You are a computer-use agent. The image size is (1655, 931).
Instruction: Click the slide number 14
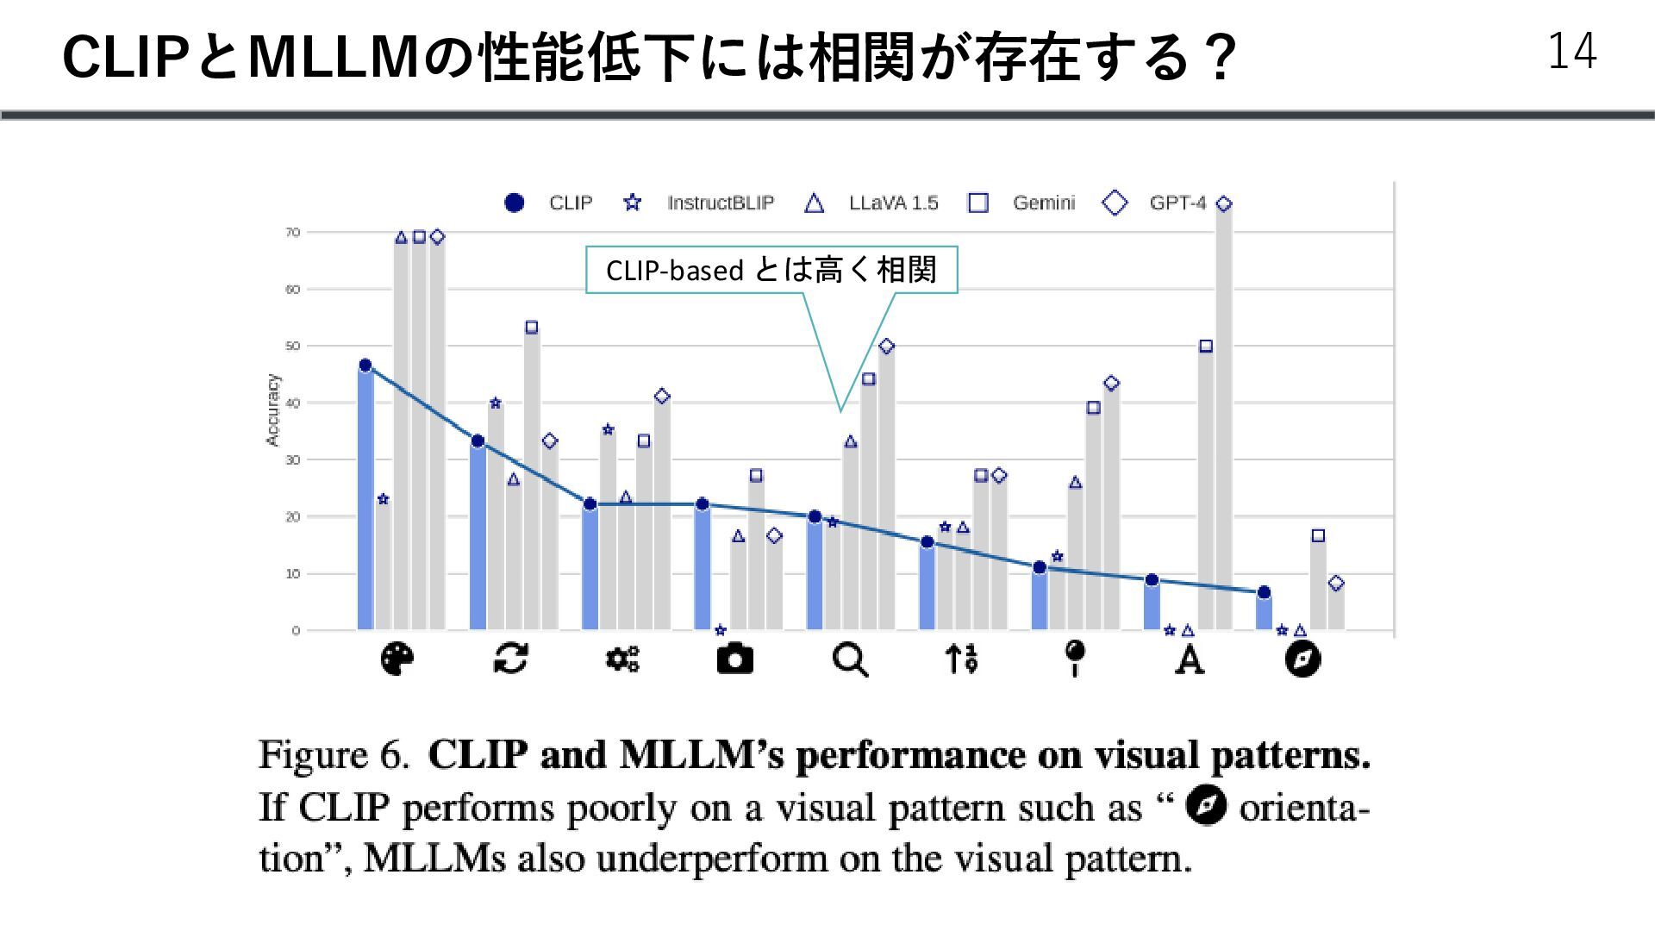click(1571, 52)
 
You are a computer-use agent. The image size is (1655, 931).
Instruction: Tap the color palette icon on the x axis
click(397, 659)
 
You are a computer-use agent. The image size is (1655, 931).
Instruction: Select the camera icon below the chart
click(734, 659)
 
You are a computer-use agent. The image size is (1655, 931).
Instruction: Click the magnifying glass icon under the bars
click(850, 660)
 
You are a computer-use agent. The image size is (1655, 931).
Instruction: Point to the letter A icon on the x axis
click(1190, 660)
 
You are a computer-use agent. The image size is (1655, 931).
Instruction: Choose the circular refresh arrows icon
click(510, 659)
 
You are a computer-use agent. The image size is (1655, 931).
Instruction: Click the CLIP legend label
click(571, 203)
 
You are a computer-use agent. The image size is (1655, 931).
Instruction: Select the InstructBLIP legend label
click(721, 203)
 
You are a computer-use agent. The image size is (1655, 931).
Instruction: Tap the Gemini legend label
click(1044, 203)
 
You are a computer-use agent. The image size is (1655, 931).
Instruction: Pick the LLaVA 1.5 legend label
click(893, 203)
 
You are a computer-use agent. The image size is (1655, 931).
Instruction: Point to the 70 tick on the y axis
click(293, 233)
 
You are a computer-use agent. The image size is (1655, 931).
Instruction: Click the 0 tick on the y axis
click(296, 631)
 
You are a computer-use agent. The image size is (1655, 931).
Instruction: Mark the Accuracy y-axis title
click(273, 410)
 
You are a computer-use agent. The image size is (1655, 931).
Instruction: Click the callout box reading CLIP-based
click(771, 271)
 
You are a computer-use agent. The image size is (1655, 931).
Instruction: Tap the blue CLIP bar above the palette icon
click(365, 500)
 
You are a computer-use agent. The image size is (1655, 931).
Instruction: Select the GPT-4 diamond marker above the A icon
click(1224, 204)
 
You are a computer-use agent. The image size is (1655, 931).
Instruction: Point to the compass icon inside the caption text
click(1206, 807)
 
